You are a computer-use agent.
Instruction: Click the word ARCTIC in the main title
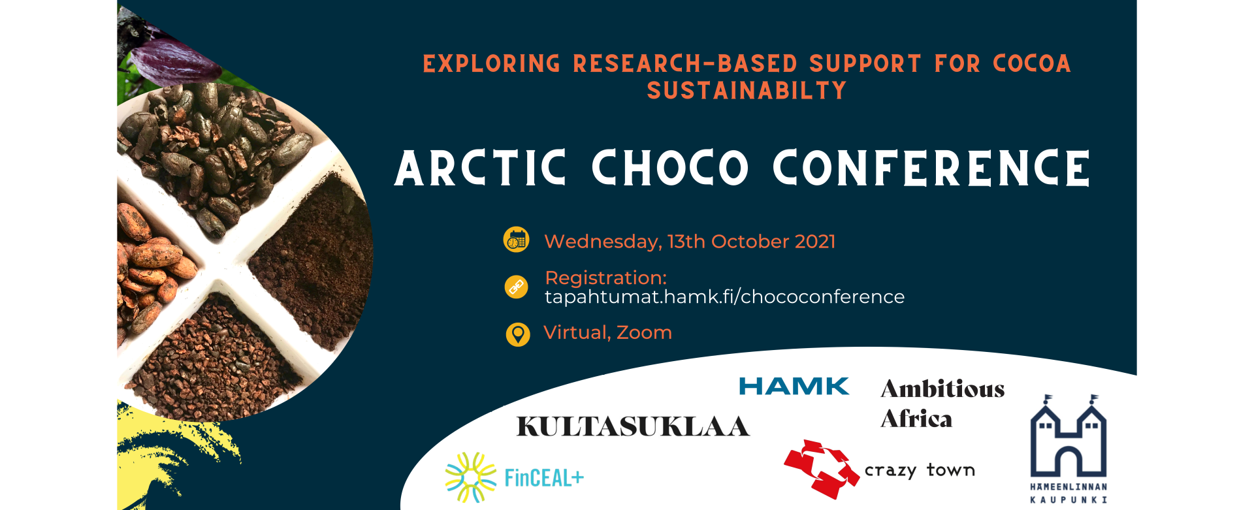tap(480, 168)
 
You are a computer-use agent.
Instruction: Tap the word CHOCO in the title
tap(669, 168)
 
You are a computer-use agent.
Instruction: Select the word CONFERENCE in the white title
tap(931, 168)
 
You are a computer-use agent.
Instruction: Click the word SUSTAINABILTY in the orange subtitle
tap(747, 91)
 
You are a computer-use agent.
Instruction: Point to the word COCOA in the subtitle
tap(1031, 63)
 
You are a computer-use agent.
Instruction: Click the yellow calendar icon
tap(517, 240)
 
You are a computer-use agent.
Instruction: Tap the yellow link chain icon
tap(517, 287)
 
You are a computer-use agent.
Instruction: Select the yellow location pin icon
tap(518, 334)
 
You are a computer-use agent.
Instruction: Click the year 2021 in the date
tap(815, 242)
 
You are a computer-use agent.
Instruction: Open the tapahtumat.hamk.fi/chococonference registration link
tap(724, 297)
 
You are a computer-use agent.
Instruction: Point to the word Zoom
tap(644, 333)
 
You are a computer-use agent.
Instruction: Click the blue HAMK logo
tap(794, 387)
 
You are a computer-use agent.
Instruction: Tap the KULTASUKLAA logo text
tap(632, 426)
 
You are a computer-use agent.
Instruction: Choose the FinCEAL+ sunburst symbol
tap(470, 477)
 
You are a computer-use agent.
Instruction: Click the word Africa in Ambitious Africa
tap(916, 419)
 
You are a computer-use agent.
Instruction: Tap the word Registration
tap(605, 278)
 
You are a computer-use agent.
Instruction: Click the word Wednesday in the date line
tap(602, 242)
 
